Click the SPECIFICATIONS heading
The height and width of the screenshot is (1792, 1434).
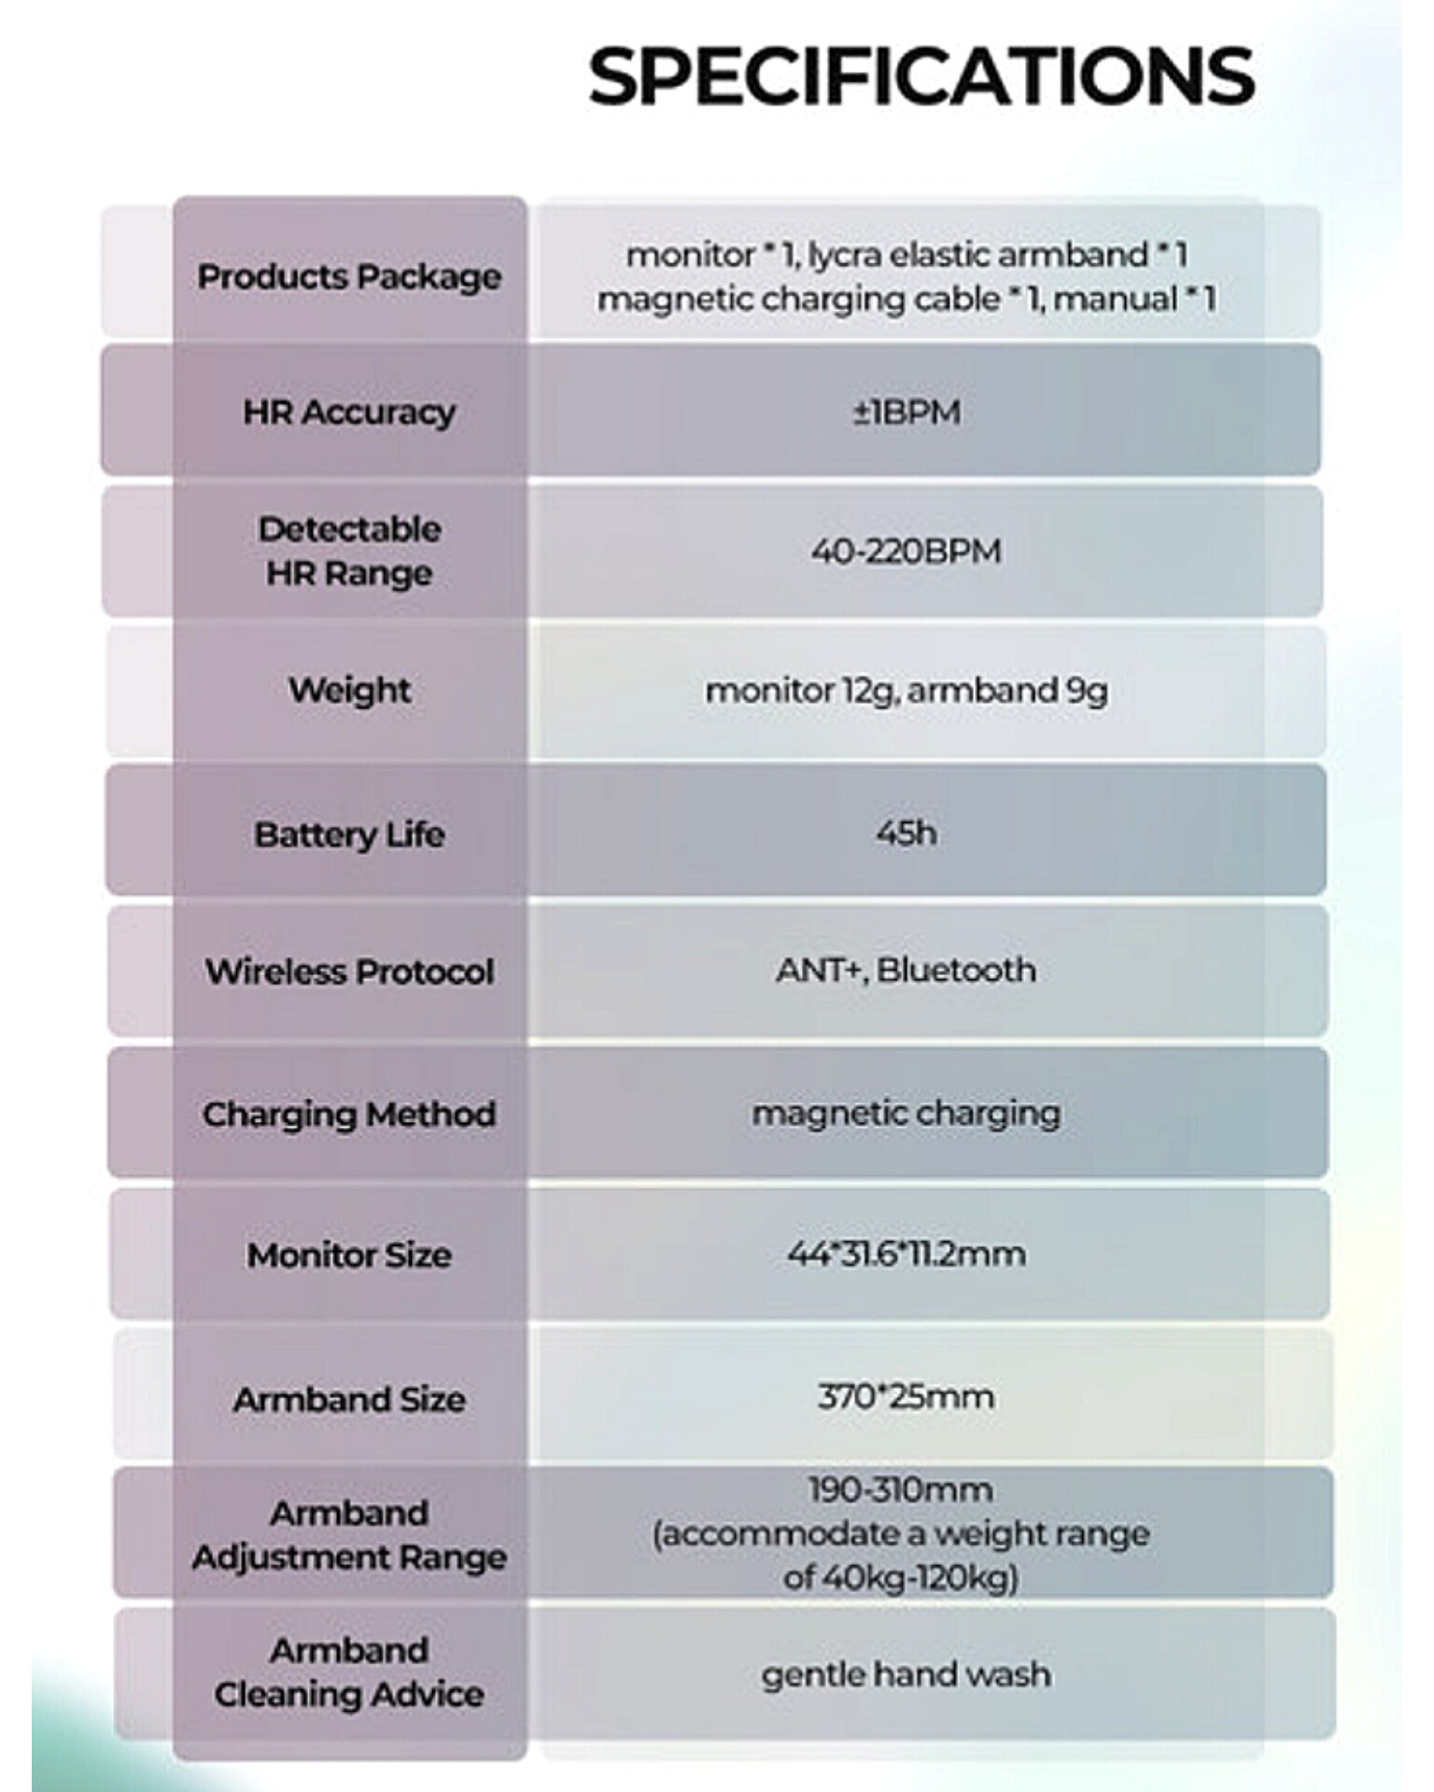click(921, 77)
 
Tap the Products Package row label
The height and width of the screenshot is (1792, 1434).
click(349, 277)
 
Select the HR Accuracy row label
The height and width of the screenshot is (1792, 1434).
click(349, 412)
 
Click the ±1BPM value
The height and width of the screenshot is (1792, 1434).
click(907, 412)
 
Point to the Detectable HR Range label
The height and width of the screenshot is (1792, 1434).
click(349, 551)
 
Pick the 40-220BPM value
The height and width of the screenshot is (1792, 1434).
click(906, 551)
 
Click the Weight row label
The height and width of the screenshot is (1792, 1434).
click(349, 691)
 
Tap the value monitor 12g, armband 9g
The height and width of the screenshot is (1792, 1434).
click(907, 691)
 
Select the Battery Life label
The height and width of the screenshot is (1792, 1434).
click(349, 833)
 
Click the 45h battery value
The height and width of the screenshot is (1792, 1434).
click(907, 833)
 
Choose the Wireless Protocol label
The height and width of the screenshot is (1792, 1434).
click(349, 972)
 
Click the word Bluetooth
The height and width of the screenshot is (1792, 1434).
click(956, 970)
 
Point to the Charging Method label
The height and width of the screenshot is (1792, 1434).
click(349, 1114)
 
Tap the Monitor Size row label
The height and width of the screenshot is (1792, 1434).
click(349, 1255)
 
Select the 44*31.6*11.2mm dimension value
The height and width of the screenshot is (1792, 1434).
click(907, 1253)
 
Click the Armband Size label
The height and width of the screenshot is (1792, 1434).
click(349, 1399)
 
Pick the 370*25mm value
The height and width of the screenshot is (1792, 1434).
click(906, 1397)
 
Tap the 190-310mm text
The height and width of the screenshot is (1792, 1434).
click(901, 1490)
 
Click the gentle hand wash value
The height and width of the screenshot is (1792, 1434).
click(907, 1675)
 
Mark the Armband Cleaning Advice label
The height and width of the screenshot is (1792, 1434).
click(349, 1673)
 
